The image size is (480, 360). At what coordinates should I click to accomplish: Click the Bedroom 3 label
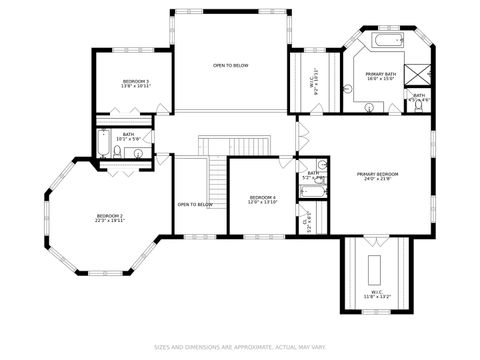(x=136, y=81)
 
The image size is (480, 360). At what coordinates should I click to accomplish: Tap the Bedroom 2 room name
(x=110, y=216)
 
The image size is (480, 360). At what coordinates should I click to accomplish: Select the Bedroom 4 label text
(x=262, y=197)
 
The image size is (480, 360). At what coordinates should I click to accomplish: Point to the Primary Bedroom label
(x=378, y=174)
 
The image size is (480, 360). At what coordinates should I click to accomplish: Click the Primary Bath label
(x=380, y=74)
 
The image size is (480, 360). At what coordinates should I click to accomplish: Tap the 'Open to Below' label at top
(x=230, y=65)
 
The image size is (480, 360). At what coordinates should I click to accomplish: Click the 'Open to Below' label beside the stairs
(x=195, y=204)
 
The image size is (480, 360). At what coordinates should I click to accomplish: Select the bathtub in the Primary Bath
(x=387, y=42)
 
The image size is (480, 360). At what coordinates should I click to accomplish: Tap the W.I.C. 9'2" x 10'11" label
(x=313, y=86)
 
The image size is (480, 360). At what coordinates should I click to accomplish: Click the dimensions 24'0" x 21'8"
(x=378, y=180)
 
